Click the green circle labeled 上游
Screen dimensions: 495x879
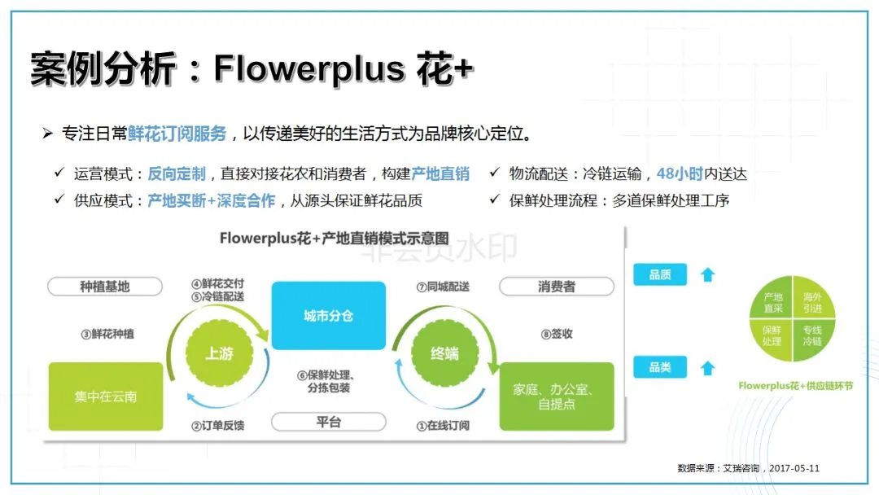click(219, 353)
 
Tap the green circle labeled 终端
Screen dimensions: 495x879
click(444, 353)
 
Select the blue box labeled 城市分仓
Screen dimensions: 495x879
click(328, 316)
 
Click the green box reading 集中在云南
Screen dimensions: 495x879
click(106, 396)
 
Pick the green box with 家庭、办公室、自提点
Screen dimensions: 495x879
click(557, 396)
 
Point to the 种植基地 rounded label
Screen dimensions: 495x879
click(105, 287)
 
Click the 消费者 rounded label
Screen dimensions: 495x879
click(557, 287)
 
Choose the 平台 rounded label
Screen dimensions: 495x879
click(328, 422)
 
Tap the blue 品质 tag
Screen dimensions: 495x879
click(660, 275)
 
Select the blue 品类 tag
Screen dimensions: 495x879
click(660, 368)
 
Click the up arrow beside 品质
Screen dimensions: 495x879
click(707, 275)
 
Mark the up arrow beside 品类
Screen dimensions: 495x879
click(707, 368)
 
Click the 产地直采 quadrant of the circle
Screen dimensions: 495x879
click(772, 303)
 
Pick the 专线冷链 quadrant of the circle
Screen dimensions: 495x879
click(811, 336)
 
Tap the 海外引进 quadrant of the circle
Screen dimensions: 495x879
click(811, 303)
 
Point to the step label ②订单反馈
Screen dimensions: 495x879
click(218, 425)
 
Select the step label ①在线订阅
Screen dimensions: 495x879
click(443, 425)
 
